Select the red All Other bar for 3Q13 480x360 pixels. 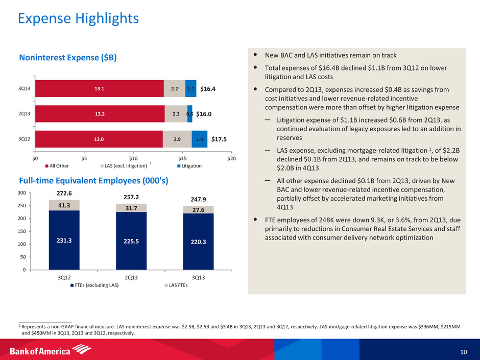[x=99, y=88]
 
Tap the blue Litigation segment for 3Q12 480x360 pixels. [x=199, y=139]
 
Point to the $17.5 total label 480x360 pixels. [x=219, y=139]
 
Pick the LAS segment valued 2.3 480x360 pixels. [x=176, y=114]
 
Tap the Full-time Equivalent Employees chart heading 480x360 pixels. [x=93, y=180]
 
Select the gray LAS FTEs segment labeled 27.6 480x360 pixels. [x=198, y=210]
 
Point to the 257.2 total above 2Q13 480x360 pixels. [x=131, y=196]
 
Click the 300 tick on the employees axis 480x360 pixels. [x=21, y=194]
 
